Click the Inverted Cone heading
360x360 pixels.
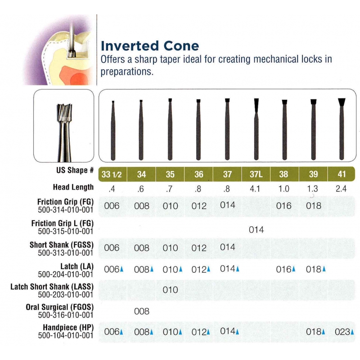(x=150, y=46)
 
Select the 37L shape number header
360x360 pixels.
(x=256, y=174)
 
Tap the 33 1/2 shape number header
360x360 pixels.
(x=112, y=174)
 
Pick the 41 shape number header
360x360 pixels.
(x=342, y=174)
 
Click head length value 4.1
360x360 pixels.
(x=255, y=189)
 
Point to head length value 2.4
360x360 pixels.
(x=341, y=189)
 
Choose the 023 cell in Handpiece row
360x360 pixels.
(x=342, y=332)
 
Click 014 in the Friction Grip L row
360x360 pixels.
(x=256, y=229)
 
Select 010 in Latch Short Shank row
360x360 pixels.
(x=171, y=290)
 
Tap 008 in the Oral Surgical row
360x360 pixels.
(x=142, y=311)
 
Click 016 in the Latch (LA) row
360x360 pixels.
(x=283, y=269)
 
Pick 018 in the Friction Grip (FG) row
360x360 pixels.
(x=314, y=206)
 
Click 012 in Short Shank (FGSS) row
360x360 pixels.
(x=199, y=248)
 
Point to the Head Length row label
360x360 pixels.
(x=73, y=187)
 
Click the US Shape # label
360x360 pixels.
(x=75, y=170)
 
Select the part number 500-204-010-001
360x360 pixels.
(x=65, y=274)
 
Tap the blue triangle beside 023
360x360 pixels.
(x=352, y=332)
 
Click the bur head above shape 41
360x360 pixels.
(x=342, y=102)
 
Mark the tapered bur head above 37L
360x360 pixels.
(x=256, y=105)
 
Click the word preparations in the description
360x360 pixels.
(x=127, y=72)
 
